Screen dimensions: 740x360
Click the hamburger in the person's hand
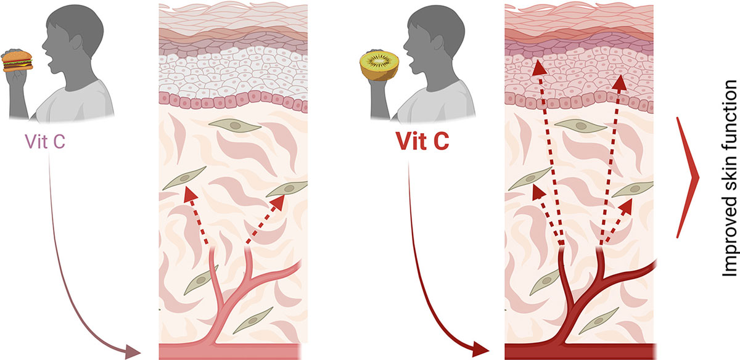[x=17, y=61]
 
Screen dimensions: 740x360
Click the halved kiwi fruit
[x=379, y=65]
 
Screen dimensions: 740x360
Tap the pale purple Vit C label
[x=45, y=141]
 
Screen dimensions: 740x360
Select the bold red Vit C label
[x=422, y=141]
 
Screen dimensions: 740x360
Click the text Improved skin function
[x=730, y=179]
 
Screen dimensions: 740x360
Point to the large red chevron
[x=687, y=178]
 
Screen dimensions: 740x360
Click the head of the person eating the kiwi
[x=434, y=36]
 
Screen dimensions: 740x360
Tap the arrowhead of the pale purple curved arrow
[x=132, y=351]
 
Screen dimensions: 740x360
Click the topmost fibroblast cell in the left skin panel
[x=235, y=126]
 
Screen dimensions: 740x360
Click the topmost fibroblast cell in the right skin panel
[x=581, y=126]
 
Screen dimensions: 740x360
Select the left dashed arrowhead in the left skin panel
[x=191, y=194]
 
